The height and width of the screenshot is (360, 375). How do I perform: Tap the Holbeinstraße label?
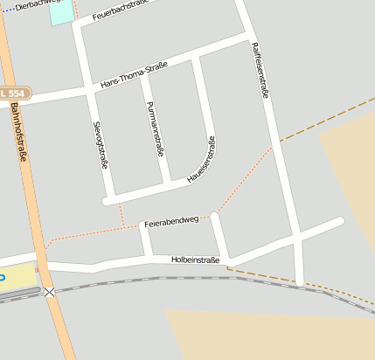pos(194,259)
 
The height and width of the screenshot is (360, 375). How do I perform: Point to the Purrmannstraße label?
pos(156,128)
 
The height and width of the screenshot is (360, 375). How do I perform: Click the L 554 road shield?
pos(13,93)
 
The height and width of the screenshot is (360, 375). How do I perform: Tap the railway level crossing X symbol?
pos(50,292)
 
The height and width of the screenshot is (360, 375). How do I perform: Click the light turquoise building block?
pos(61,11)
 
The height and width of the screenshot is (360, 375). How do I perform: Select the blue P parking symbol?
pos(2,277)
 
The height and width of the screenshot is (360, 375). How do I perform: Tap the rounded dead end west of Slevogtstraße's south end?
pos(106,202)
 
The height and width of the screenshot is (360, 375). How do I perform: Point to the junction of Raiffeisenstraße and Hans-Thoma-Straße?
pos(247,39)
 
